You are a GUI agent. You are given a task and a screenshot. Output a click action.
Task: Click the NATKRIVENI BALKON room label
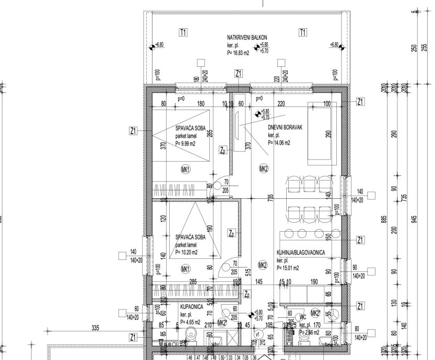point(247,38)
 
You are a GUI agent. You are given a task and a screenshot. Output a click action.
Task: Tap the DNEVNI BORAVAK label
point(286,127)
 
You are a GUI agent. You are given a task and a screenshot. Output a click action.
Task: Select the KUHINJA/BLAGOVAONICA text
point(301,253)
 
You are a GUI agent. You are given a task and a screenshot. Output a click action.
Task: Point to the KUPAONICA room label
point(192,307)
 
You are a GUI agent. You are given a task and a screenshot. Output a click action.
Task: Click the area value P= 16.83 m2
point(238,53)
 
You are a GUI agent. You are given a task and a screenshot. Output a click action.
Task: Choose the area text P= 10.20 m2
point(186,253)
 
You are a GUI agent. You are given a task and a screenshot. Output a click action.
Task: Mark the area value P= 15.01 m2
point(288,268)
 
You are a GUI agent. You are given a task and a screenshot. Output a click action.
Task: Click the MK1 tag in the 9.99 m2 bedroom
point(185,169)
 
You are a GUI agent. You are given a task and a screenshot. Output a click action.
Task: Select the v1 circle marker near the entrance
point(257,334)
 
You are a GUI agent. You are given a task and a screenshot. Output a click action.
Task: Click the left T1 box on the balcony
point(183,33)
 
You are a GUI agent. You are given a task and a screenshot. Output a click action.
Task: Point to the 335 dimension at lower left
point(95,328)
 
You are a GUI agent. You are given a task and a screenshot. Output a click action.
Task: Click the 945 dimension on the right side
point(415,218)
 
